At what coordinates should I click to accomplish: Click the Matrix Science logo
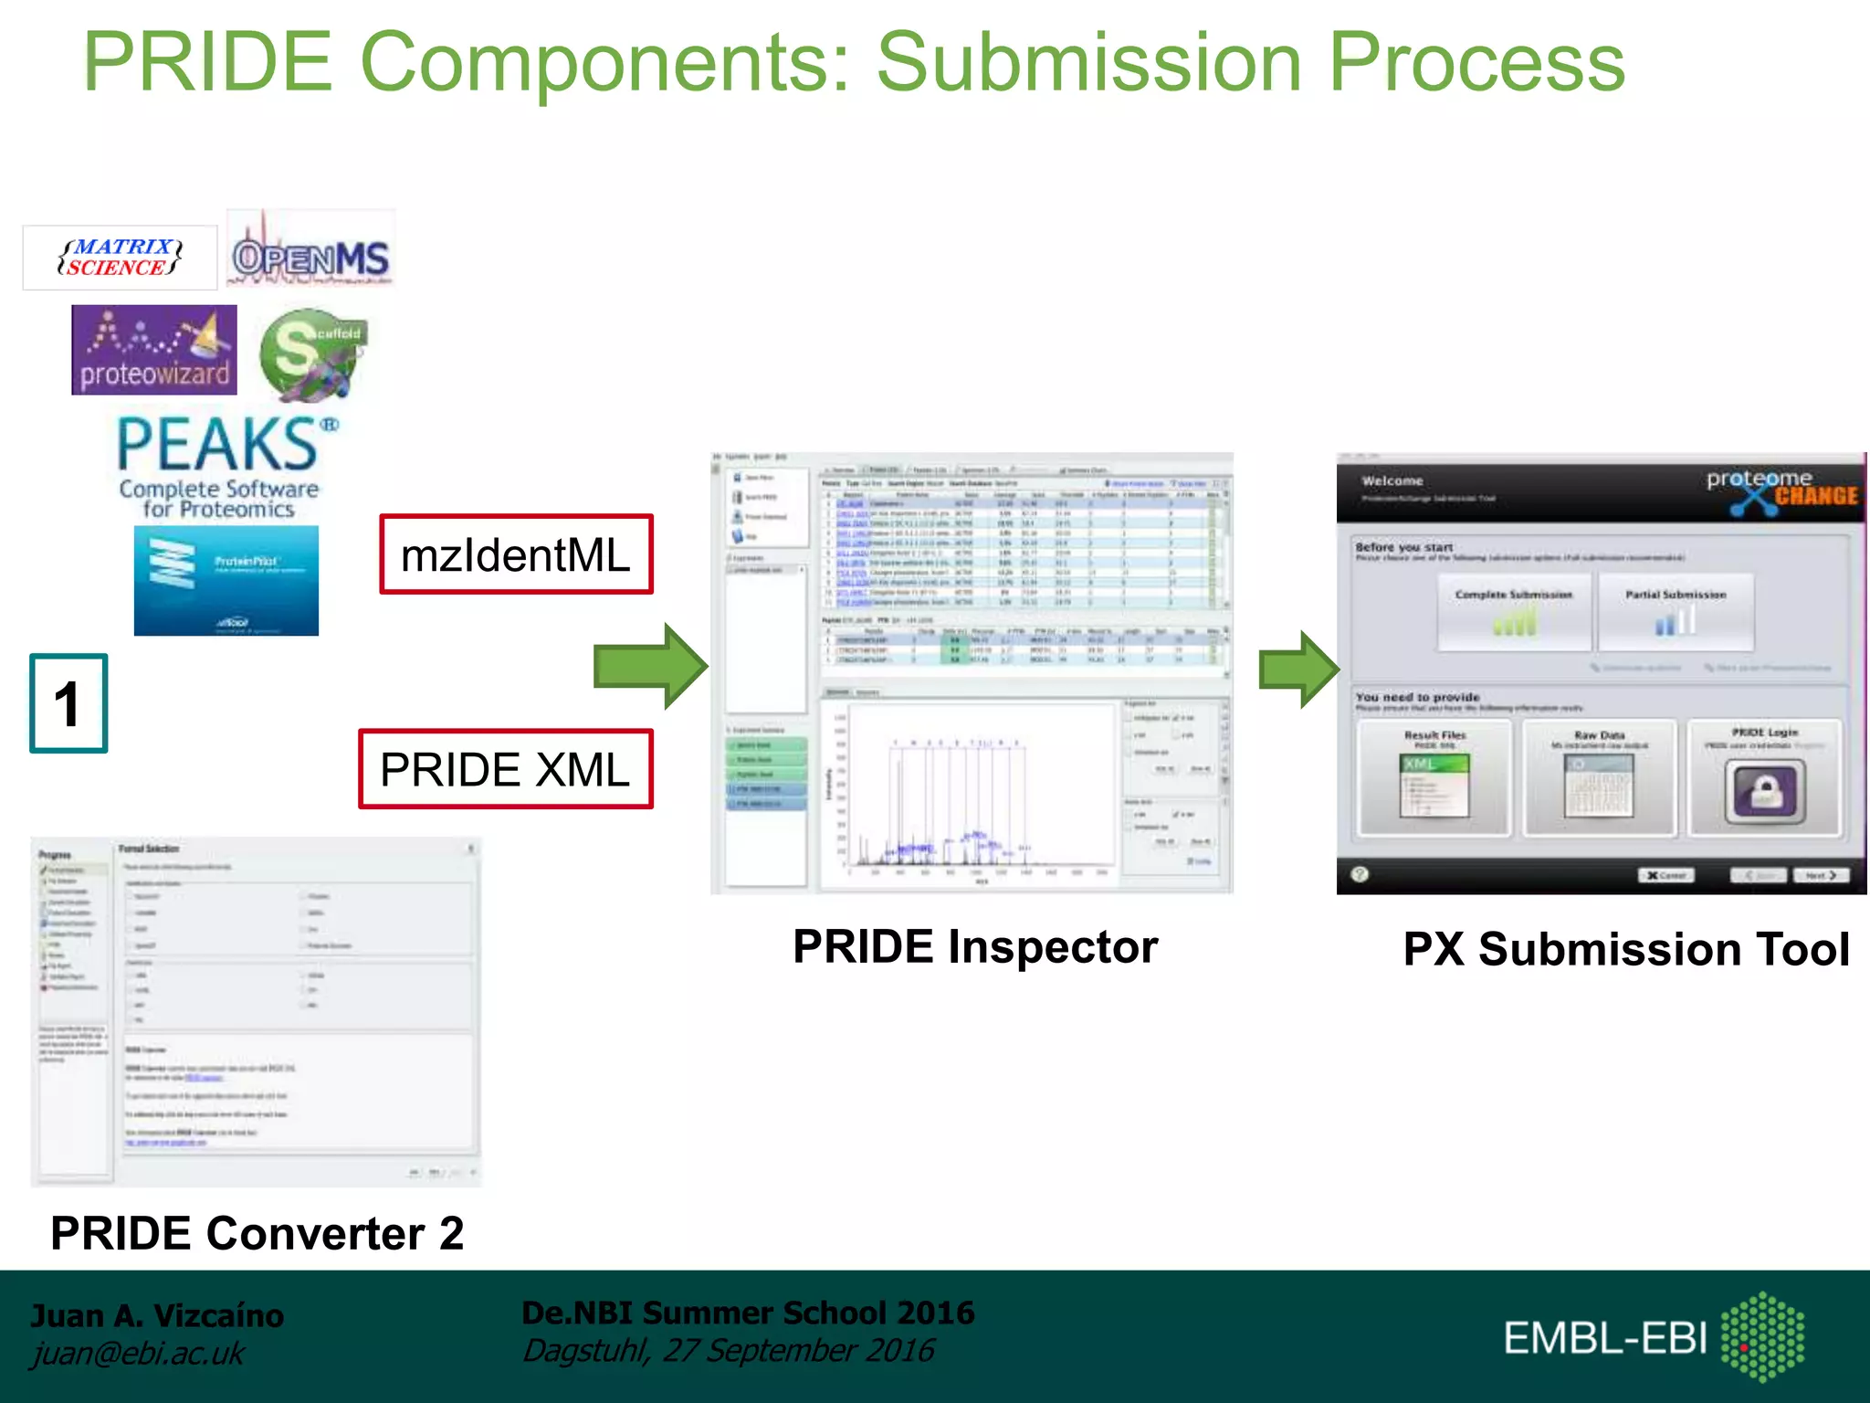click(x=120, y=258)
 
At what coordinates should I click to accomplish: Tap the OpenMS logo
click(x=310, y=256)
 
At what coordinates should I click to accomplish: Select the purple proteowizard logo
click(x=154, y=351)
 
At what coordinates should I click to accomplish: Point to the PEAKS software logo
click(x=220, y=466)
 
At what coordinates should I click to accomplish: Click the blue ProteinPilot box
click(x=226, y=580)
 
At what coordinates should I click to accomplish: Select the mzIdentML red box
click(x=516, y=555)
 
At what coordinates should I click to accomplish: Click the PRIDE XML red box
click(x=505, y=769)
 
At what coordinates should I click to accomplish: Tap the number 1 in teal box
click(x=68, y=703)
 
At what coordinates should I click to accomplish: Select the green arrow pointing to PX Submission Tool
click(x=1297, y=669)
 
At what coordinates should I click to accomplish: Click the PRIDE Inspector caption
click(x=974, y=946)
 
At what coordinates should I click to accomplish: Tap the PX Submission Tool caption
click(x=1625, y=949)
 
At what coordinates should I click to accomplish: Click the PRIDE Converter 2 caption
click(x=257, y=1233)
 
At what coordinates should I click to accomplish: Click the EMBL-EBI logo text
click(x=1605, y=1338)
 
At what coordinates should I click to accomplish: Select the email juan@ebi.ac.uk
click(x=138, y=1353)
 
